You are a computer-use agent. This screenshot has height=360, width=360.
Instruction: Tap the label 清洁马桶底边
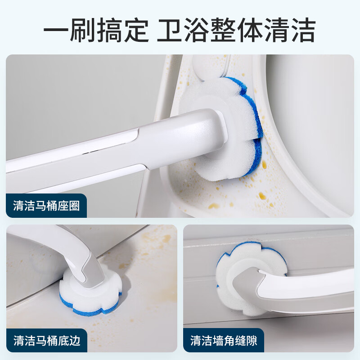[x=46, y=340]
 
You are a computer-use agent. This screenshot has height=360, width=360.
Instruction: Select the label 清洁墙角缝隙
[x=223, y=340]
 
